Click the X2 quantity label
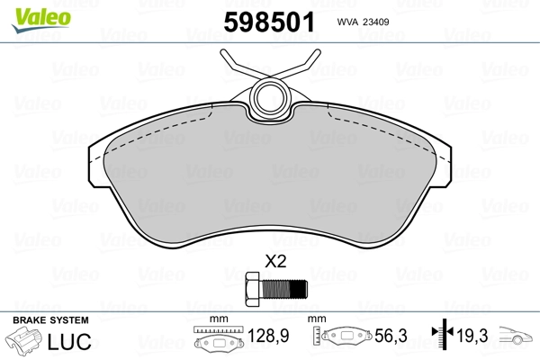(x=274, y=263)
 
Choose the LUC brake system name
(x=68, y=342)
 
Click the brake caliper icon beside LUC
(x=25, y=343)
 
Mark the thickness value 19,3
(x=473, y=336)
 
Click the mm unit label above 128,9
(x=216, y=319)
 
